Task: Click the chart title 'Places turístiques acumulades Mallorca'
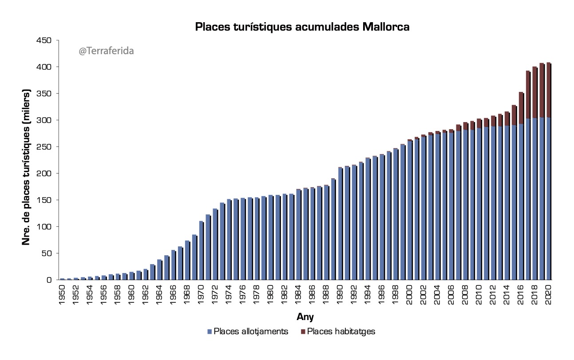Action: pyautogui.click(x=302, y=27)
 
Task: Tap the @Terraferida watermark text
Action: pyautogui.click(x=106, y=51)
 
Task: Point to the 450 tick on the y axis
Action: pyautogui.click(x=46, y=40)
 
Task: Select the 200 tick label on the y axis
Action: pyautogui.click(x=46, y=174)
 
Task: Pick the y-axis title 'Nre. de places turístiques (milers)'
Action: pyautogui.click(x=27, y=167)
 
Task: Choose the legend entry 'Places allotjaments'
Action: pyautogui.click(x=251, y=332)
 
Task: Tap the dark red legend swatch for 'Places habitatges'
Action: pyautogui.click(x=303, y=332)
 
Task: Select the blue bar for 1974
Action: pyautogui.click(x=229, y=240)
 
